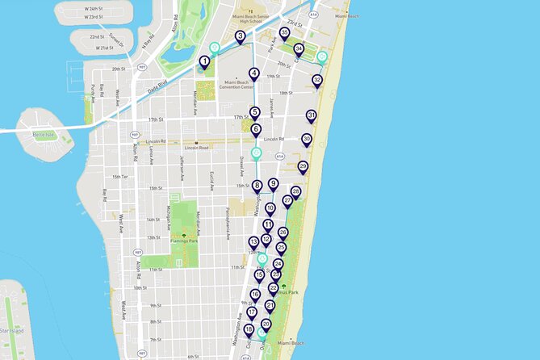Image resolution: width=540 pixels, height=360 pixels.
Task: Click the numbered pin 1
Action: pos(204,61)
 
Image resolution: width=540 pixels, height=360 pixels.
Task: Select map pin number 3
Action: pos(240,36)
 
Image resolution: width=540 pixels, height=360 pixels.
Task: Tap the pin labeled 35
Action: pos(284,33)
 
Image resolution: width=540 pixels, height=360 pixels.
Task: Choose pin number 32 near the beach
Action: pos(317,80)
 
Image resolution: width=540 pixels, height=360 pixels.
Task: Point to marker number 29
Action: pos(303,167)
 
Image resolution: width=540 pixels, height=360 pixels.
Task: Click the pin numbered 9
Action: pos(273,184)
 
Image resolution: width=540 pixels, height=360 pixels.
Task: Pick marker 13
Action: pos(253,241)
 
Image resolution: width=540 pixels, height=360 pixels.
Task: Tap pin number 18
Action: pos(249,329)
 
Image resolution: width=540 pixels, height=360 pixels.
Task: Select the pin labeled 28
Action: pos(295,191)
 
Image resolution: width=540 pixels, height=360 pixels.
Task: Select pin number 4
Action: pos(254,73)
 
